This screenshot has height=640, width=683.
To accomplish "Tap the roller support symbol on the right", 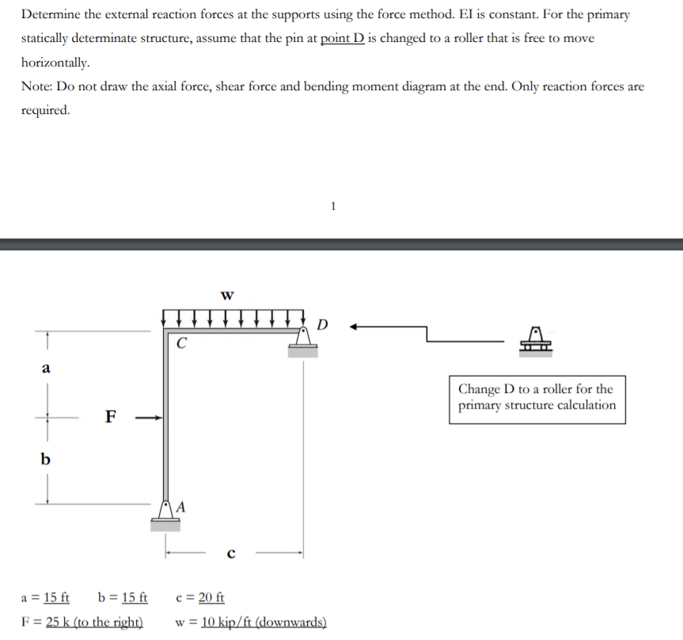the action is (x=536, y=340).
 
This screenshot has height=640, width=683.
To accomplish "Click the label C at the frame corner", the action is (x=182, y=344).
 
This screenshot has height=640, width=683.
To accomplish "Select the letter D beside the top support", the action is (x=321, y=324).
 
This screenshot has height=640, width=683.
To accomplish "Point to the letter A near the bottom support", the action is (x=181, y=506).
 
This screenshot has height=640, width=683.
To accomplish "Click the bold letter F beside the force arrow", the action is (x=111, y=416).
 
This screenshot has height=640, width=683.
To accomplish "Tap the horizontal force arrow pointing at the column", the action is (x=149, y=417).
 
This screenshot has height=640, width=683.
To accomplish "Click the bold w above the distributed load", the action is (x=228, y=296).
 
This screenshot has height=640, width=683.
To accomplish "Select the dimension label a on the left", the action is (x=46, y=368).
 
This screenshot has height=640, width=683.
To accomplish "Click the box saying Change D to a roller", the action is (x=537, y=398).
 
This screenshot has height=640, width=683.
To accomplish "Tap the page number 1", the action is (x=333, y=207).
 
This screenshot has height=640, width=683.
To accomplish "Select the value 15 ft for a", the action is (x=56, y=597).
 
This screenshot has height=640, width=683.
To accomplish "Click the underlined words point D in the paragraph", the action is (x=342, y=38).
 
